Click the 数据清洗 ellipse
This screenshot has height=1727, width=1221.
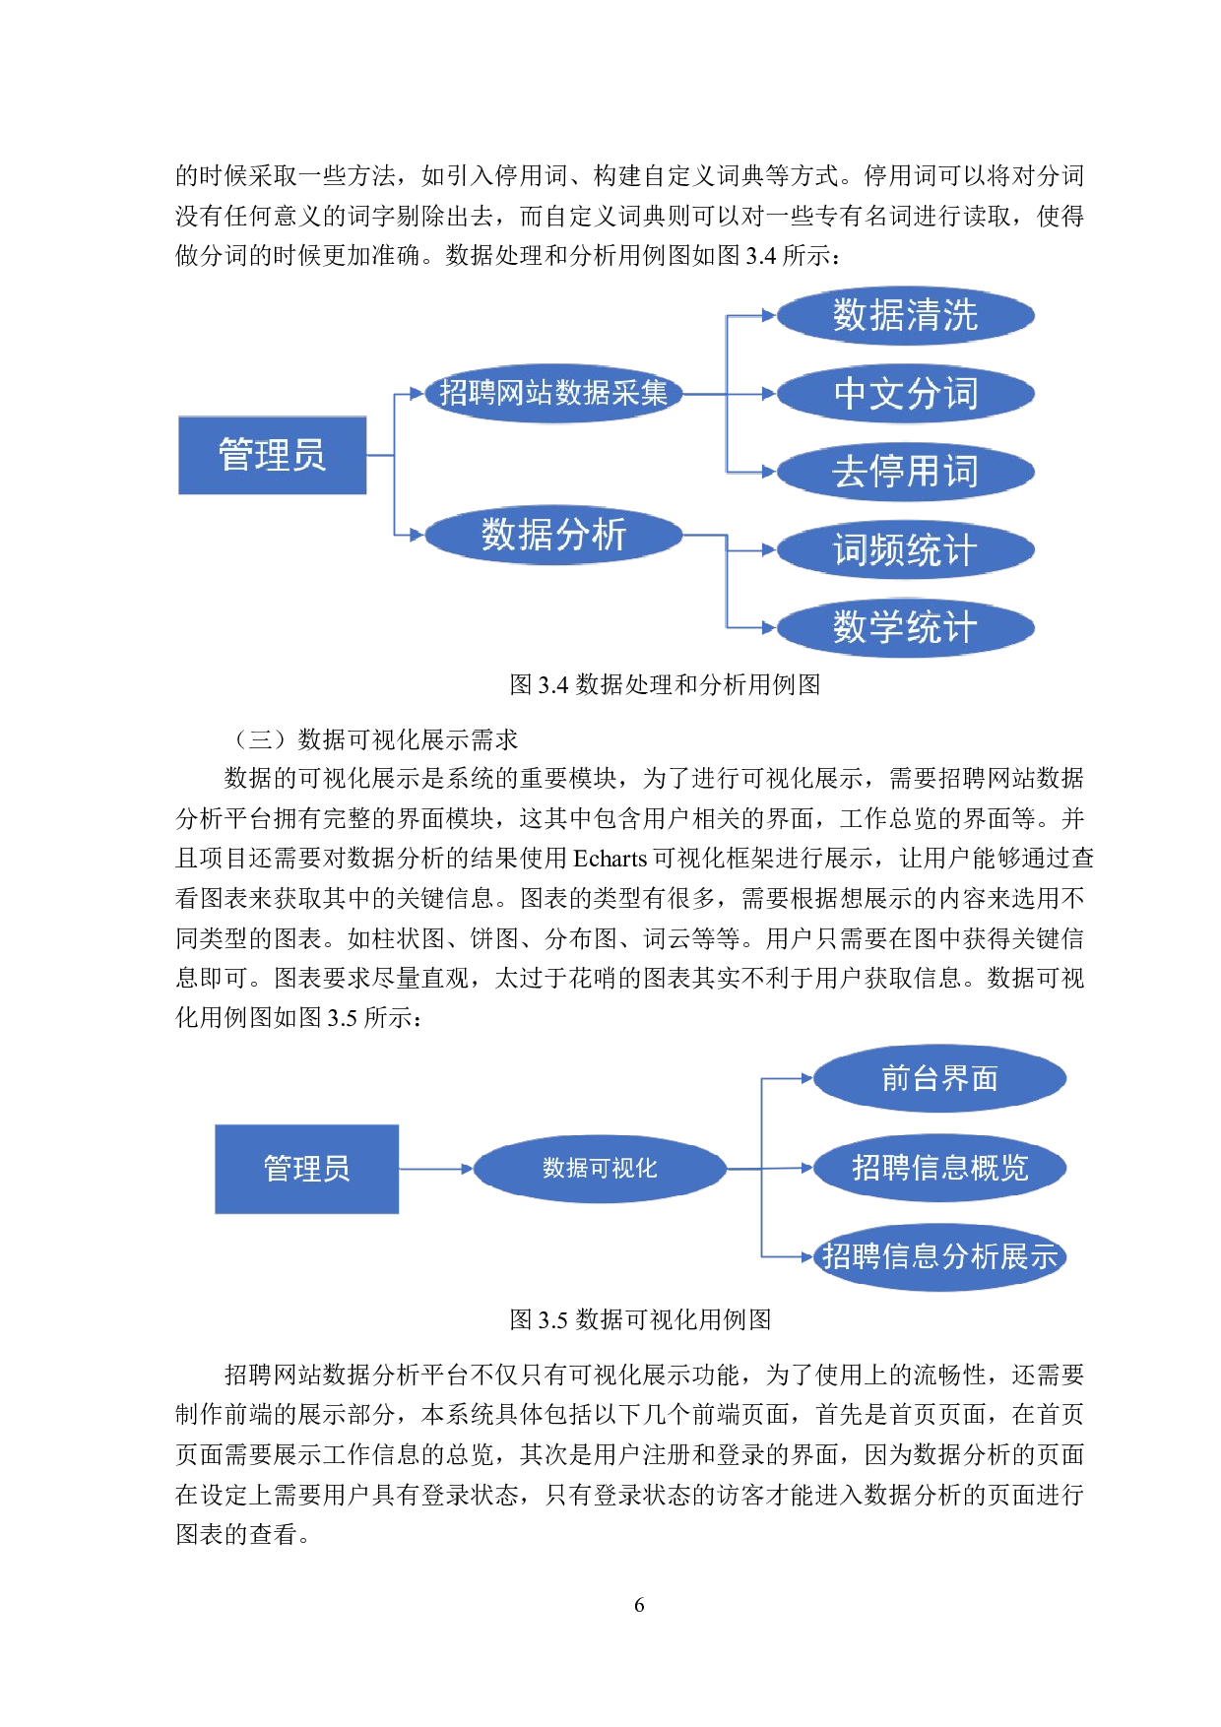coord(905,315)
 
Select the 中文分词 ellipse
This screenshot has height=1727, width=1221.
coord(905,394)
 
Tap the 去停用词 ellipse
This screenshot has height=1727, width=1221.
coord(905,472)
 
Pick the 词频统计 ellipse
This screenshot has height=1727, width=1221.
coord(905,549)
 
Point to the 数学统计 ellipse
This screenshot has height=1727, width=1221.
coord(905,627)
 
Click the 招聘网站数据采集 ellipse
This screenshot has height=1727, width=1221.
coord(553,394)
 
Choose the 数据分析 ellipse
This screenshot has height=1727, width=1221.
coord(553,535)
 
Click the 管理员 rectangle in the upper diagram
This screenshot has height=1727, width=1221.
coord(272,455)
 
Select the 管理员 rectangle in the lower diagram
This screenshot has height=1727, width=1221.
coord(306,1169)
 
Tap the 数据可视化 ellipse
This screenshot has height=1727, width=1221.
coord(600,1169)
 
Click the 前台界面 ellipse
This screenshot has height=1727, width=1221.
coord(939,1079)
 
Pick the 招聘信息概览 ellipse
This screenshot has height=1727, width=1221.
coord(939,1168)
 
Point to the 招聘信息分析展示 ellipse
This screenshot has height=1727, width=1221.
coord(939,1256)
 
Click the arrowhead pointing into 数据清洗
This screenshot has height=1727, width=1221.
coord(769,316)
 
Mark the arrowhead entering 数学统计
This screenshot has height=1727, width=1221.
coord(769,627)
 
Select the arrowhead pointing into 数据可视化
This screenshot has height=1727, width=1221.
coord(467,1169)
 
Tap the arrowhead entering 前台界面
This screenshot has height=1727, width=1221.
coord(805,1079)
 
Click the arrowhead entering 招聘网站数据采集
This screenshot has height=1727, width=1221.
coord(417,394)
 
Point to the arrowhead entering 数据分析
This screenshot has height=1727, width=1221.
coord(417,535)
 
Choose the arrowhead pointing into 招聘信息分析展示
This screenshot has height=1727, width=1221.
coord(805,1256)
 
